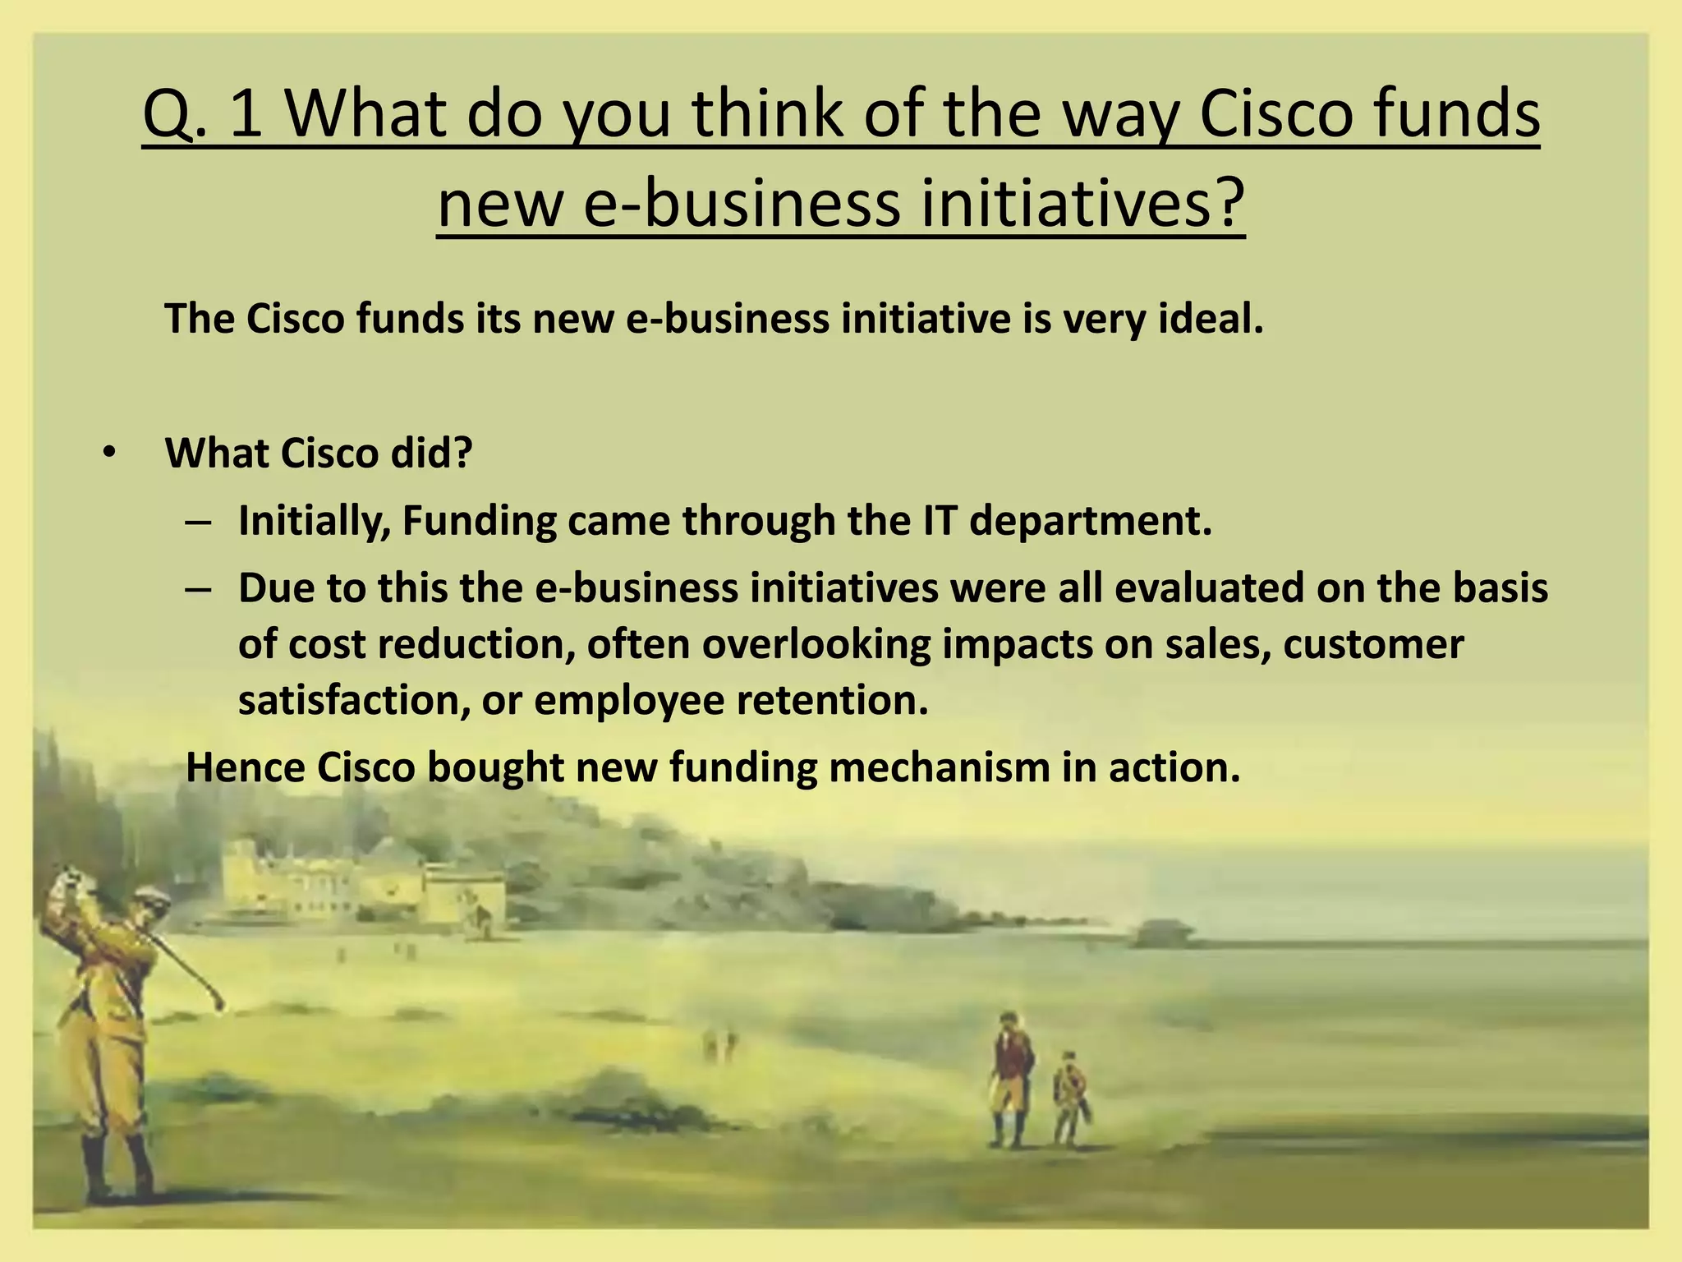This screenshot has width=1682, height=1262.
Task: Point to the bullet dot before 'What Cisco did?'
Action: click(x=109, y=454)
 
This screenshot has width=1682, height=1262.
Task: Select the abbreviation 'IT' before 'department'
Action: click(x=935, y=521)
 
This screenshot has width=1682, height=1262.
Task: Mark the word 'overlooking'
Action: click(x=817, y=644)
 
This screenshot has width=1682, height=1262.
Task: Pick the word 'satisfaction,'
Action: click(x=354, y=700)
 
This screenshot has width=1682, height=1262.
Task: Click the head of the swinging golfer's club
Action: click(x=218, y=1003)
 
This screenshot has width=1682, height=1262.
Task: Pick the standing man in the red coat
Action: click(x=1009, y=1076)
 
